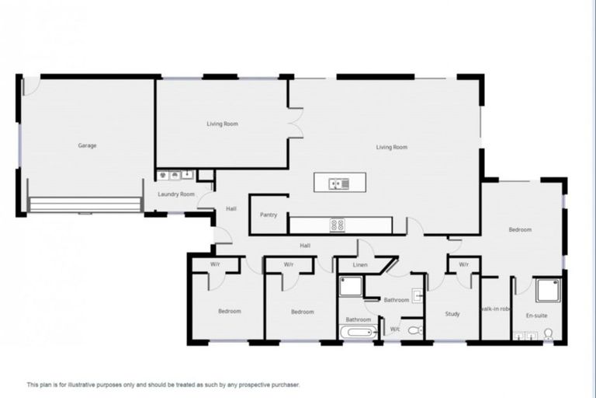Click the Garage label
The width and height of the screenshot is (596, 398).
(x=87, y=145)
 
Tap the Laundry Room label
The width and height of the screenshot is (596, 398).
(x=176, y=194)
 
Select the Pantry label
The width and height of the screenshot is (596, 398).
(x=269, y=215)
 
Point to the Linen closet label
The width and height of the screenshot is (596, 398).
(x=359, y=265)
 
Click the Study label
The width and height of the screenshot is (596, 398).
(x=452, y=314)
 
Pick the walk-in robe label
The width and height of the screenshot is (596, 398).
(x=496, y=309)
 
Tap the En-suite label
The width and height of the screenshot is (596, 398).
(x=538, y=315)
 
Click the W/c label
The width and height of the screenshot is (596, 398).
(x=395, y=329)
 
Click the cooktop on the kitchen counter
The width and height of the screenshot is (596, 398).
(x=338, y=225)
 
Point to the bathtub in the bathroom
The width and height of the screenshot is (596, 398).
(x=359, y=332)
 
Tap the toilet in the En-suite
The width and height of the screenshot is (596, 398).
(x=549, y=334)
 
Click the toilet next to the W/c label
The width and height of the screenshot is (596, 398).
(x=414, y=330)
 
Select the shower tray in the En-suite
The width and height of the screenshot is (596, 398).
(x=548, y=290)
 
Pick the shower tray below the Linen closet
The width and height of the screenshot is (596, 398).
(x=351, y=286)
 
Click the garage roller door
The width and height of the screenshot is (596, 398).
(x=85, y=205)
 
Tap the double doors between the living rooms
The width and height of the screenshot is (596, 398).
(x=295, y=124)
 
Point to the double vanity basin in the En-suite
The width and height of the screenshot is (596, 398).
(x=525, y=336)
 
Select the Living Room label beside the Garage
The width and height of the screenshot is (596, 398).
(x=222, y=124)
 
